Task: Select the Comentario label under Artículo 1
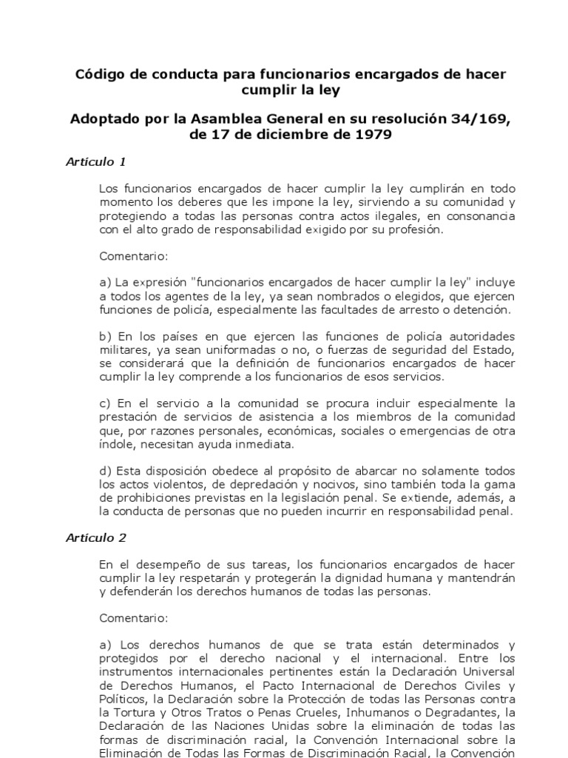[x=134, y=256]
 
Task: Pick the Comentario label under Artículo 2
[x=134, y=617]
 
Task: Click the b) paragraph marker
[x=105, y=337]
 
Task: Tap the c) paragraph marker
[x=105, y=403]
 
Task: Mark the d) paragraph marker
[x=105, y=471]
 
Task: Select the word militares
[x=124, y=350]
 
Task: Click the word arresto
[x=369, y=309]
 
